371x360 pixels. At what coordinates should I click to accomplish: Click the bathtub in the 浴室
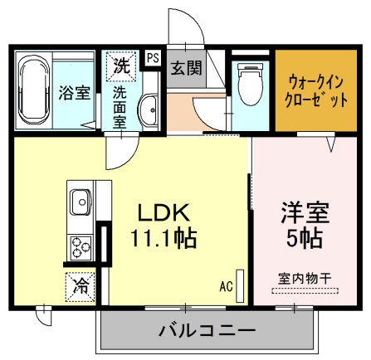coord(34,90)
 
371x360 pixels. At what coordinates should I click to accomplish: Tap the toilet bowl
coord(251,84)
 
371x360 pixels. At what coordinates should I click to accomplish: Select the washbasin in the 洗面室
coord(149,110)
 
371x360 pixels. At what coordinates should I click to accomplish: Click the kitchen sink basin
coord(81,202)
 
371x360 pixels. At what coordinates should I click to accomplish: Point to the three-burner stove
coord(81,248)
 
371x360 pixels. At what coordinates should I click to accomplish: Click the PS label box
coord(153,58)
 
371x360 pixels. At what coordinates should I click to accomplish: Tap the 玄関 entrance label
coord(186,67)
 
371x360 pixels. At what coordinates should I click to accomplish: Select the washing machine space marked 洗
coord(121,66)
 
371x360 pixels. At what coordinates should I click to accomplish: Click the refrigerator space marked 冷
coord(81,287)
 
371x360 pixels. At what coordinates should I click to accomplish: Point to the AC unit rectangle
coord(240,286)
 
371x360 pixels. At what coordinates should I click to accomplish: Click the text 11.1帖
coord(164,238)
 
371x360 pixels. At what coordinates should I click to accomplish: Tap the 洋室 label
coord(305,213)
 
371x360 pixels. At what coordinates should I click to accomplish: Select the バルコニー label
coord(207,330)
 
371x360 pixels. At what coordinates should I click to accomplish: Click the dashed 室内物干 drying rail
coord(305,291)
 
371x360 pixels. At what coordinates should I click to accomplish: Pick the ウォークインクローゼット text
coord(316,91)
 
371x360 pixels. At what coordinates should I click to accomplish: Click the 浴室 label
coord(75,93)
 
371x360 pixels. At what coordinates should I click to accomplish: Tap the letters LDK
coord(164,212)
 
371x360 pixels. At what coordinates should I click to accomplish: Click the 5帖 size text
coord(305,238)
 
